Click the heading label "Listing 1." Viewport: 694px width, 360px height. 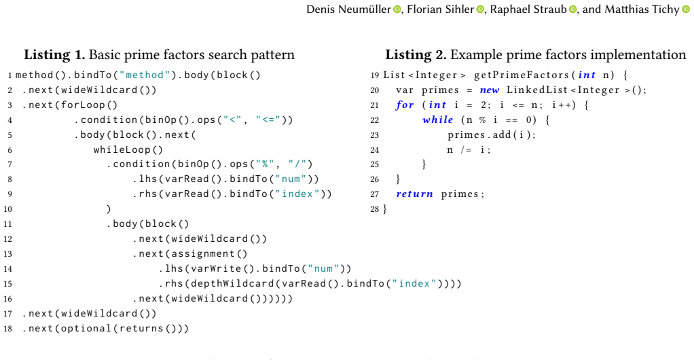tap(54, 55)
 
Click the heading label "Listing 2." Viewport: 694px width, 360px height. tap(416, 55)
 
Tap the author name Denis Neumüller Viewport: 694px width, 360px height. tap(349, 10)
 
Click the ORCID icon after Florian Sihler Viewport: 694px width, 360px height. tap(480, 10)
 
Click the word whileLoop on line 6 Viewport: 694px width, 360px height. tap(122, 149)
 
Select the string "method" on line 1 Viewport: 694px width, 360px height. tap(145, 75)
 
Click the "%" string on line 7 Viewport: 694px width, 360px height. tap(265, 164)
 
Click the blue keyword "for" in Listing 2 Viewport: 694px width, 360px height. tap(405, 105)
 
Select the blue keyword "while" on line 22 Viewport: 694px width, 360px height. tap(438, 120)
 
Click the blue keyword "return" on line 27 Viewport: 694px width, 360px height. tap(415, 194)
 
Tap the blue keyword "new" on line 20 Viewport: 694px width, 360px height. tap(490, 90)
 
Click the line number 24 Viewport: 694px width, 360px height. tap(374, 149)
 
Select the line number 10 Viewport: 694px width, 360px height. tap(7, 209)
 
